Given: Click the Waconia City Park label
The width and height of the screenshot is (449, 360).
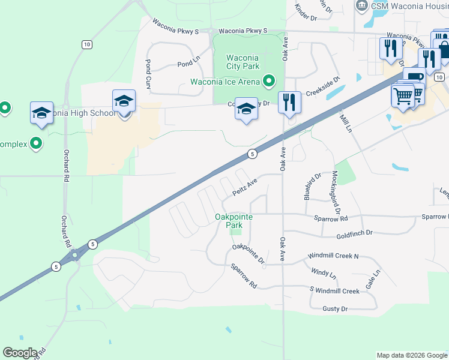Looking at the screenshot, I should click(242, 62).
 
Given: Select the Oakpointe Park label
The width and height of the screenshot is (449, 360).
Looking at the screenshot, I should click(234, 220).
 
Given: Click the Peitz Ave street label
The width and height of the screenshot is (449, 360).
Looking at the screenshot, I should click(245, 187).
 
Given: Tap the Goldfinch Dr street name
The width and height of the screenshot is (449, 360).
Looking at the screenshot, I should click(354, 233).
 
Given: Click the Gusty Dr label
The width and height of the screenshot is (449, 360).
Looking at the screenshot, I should click(335, 308).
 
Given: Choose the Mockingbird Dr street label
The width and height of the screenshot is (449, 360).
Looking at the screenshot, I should click(336, 193).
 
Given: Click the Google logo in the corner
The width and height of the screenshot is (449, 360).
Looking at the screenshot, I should click(20, 353).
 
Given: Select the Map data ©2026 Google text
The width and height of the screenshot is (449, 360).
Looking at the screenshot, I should click(411, 355).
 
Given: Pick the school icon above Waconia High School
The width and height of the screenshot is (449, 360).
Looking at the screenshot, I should click(124, 100).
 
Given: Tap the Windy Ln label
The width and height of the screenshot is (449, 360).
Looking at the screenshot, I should click(324, 272).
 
